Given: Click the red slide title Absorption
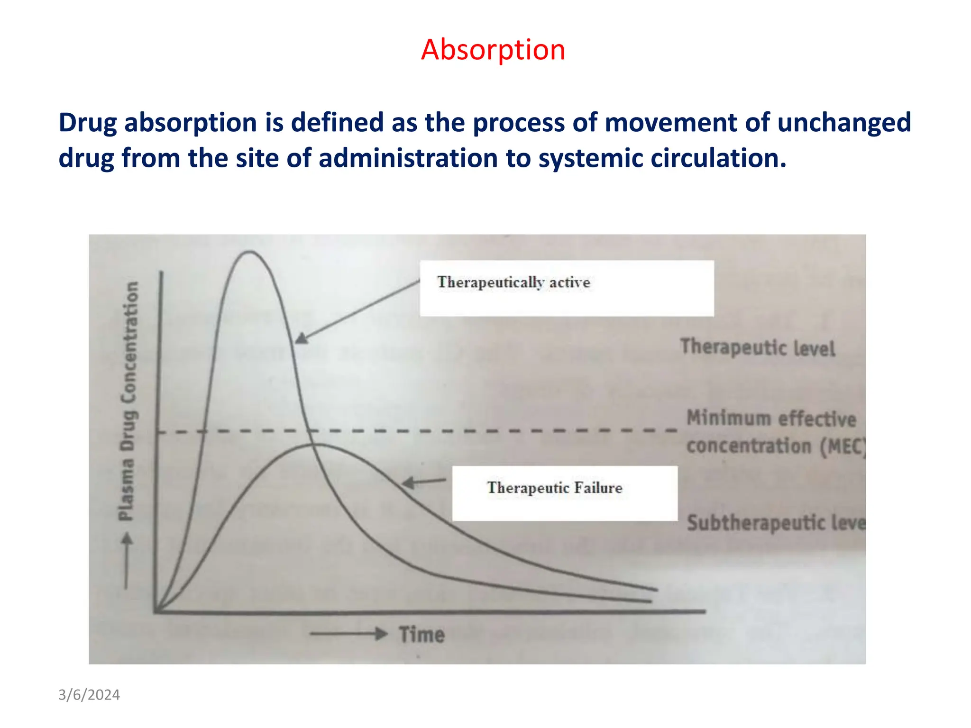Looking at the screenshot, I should [493, 49].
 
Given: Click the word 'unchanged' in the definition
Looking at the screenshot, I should [844, 122].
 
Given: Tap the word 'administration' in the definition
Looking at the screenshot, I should [408, 158].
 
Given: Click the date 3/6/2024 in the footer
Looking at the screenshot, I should [89, 695].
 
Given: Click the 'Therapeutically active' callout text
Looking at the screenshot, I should [513, 282].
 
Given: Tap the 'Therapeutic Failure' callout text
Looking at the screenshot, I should [554, 488].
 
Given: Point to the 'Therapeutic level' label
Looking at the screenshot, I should [757, 347].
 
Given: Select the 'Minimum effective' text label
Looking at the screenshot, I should [771, 419].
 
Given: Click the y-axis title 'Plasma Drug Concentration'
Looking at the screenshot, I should [128, 400].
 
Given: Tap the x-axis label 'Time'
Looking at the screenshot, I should [421, 635].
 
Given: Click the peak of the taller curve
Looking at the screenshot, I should [249, 252].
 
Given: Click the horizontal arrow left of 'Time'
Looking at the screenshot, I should [348, 634].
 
